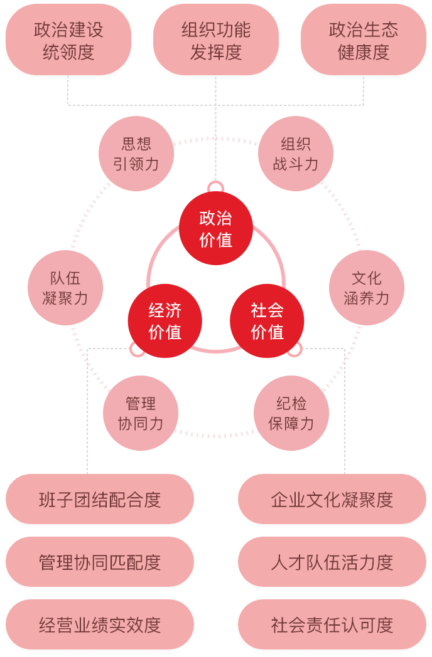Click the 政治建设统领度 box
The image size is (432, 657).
coord(68,41)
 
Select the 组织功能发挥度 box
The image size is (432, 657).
coord(216,41)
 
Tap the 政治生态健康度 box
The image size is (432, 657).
coord(364,41)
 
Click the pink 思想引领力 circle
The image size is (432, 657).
coord(136,154)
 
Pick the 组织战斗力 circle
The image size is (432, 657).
coord(296,154)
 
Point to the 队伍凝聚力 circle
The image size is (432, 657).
coord(65,288)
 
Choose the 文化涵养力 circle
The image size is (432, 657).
coord(367,288)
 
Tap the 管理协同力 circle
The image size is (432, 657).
coord(141,413)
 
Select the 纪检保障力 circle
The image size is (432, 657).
coord(291,413)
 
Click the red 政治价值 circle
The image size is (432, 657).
coord(216,228)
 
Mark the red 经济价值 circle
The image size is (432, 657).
coord(165,321)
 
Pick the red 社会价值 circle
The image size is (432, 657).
coord(267,321)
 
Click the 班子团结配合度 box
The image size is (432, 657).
coord(100,500)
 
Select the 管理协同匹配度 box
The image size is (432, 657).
coord(100,562)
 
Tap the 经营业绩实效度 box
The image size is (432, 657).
coord(100,625)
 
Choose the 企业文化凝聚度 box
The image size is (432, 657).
coord(332,500)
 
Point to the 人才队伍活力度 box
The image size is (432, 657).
coord(332,562)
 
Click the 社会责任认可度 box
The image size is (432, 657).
coord(332,625)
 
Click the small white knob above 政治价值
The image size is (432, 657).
coord(215,186)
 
